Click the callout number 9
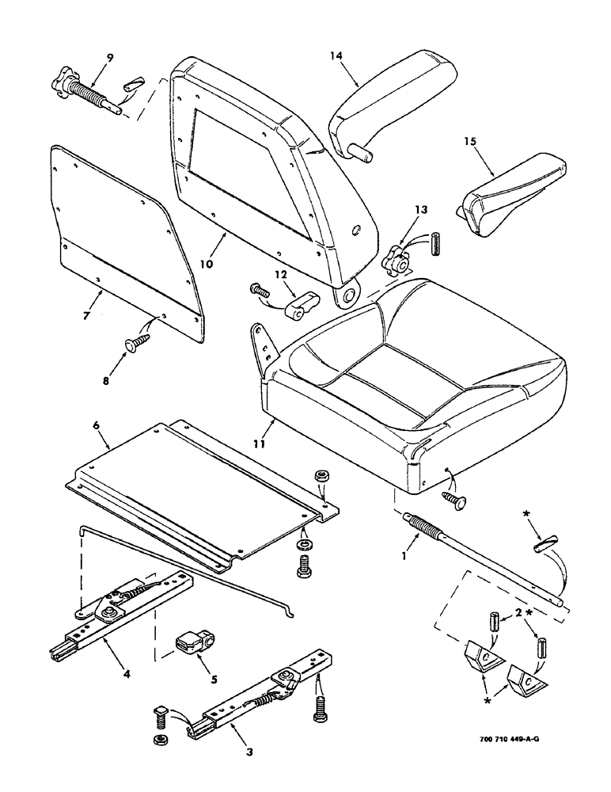(110, 57)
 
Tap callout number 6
(95, 425)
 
